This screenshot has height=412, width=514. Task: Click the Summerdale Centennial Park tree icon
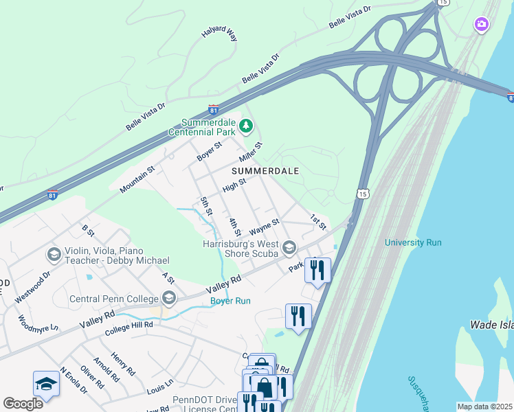pyautogui.click(x=246, y=126)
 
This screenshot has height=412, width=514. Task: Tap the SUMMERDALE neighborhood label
pyautogui.click(x=265, y=170)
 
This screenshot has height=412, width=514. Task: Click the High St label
pyautogui.click(x=234, y=185)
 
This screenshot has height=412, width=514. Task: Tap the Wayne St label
pyautogui.click(x=264, y=225)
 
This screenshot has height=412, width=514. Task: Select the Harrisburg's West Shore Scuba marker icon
pyautogui.click(x=289, y=247)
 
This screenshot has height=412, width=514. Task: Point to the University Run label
pyautogui.click(x=412, y=242)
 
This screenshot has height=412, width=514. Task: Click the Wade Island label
pyautogui.click(x=491, y=324)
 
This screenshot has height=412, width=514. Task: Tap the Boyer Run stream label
pyautogui.click(x=230, y=301)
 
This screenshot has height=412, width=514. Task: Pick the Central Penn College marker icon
pyautogui.click(x=168, y=297)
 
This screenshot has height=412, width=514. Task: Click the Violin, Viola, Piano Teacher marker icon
pyautogui.click(x=54, y=255)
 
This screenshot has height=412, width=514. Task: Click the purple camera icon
pyautogui.click(x=482, y=25)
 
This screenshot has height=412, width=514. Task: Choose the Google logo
pyautogui.click(x=23, y=403)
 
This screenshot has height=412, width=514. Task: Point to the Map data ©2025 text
pyautogui.click(x=484, y=407)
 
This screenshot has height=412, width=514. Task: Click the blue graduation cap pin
pyautogui.click(x=46, y=384)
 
